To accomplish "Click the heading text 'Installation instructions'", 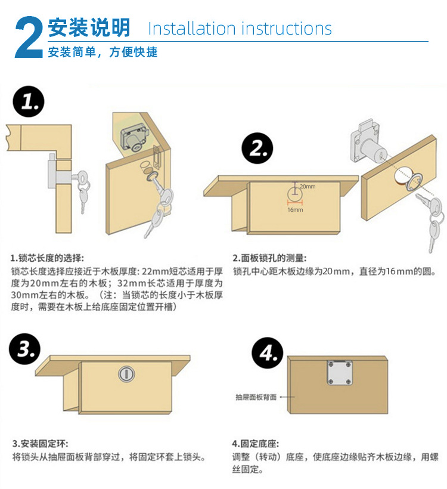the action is (240, 28).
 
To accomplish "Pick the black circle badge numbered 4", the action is (267, 355).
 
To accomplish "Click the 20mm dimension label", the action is (308, 187).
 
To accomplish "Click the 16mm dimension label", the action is (295, 210).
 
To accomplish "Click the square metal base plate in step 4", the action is (339, 373).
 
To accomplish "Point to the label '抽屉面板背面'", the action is (256, 397).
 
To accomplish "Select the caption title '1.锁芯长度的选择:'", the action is (47, 258).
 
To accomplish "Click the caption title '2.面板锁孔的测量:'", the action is (270, 258).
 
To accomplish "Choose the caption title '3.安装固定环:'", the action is (40, 444).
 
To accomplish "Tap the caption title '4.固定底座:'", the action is (256, 444).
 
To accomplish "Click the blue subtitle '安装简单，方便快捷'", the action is (103, 52).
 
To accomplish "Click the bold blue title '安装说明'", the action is (89, 27).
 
